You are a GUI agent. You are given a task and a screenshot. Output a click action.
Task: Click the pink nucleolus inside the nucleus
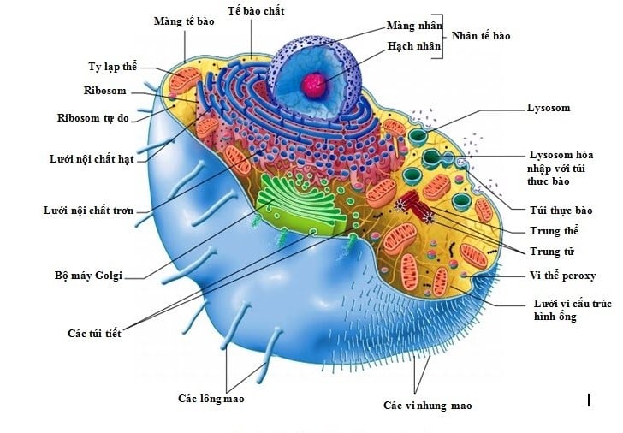(x=314, y=85)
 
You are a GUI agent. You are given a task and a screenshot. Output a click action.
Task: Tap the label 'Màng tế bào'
(x=184, y=21)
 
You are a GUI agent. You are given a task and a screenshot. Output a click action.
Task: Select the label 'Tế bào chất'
(x=256, y=11)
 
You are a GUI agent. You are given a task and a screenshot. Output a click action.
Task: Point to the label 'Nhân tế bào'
(x=481, y=36)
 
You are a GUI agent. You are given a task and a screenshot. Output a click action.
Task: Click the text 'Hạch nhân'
(x=414, y=46)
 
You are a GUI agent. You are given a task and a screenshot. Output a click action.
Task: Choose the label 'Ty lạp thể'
(x=112, y=67)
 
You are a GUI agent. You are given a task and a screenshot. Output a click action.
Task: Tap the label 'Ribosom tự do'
(x=93, y=118)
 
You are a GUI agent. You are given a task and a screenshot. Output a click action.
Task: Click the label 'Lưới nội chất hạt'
(x=92, y=159)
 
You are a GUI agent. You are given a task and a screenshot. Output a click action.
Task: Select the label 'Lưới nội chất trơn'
(x=89, y=211)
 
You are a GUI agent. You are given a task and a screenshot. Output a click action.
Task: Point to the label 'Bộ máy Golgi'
(x=88, y=276)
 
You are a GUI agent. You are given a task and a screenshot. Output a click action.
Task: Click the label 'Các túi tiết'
(x=94, y=333)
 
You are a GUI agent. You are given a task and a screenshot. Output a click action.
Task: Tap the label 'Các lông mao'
(x=211, y=399)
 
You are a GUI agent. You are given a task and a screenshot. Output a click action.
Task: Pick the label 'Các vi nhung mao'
(x=428, y=406)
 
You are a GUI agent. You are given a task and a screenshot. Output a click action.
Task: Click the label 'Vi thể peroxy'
(x=562, y=276)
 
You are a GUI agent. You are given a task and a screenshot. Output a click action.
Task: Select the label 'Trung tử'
(x=552, y=252)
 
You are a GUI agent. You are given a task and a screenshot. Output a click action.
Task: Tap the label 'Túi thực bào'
(x=561, y=211)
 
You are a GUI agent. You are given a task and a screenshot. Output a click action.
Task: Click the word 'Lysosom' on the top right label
(x=549, y=108)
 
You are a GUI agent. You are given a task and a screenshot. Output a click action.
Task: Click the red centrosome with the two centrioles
(x=416, y=205)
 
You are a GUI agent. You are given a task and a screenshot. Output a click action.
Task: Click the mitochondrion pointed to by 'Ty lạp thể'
(x=184, y=80)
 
